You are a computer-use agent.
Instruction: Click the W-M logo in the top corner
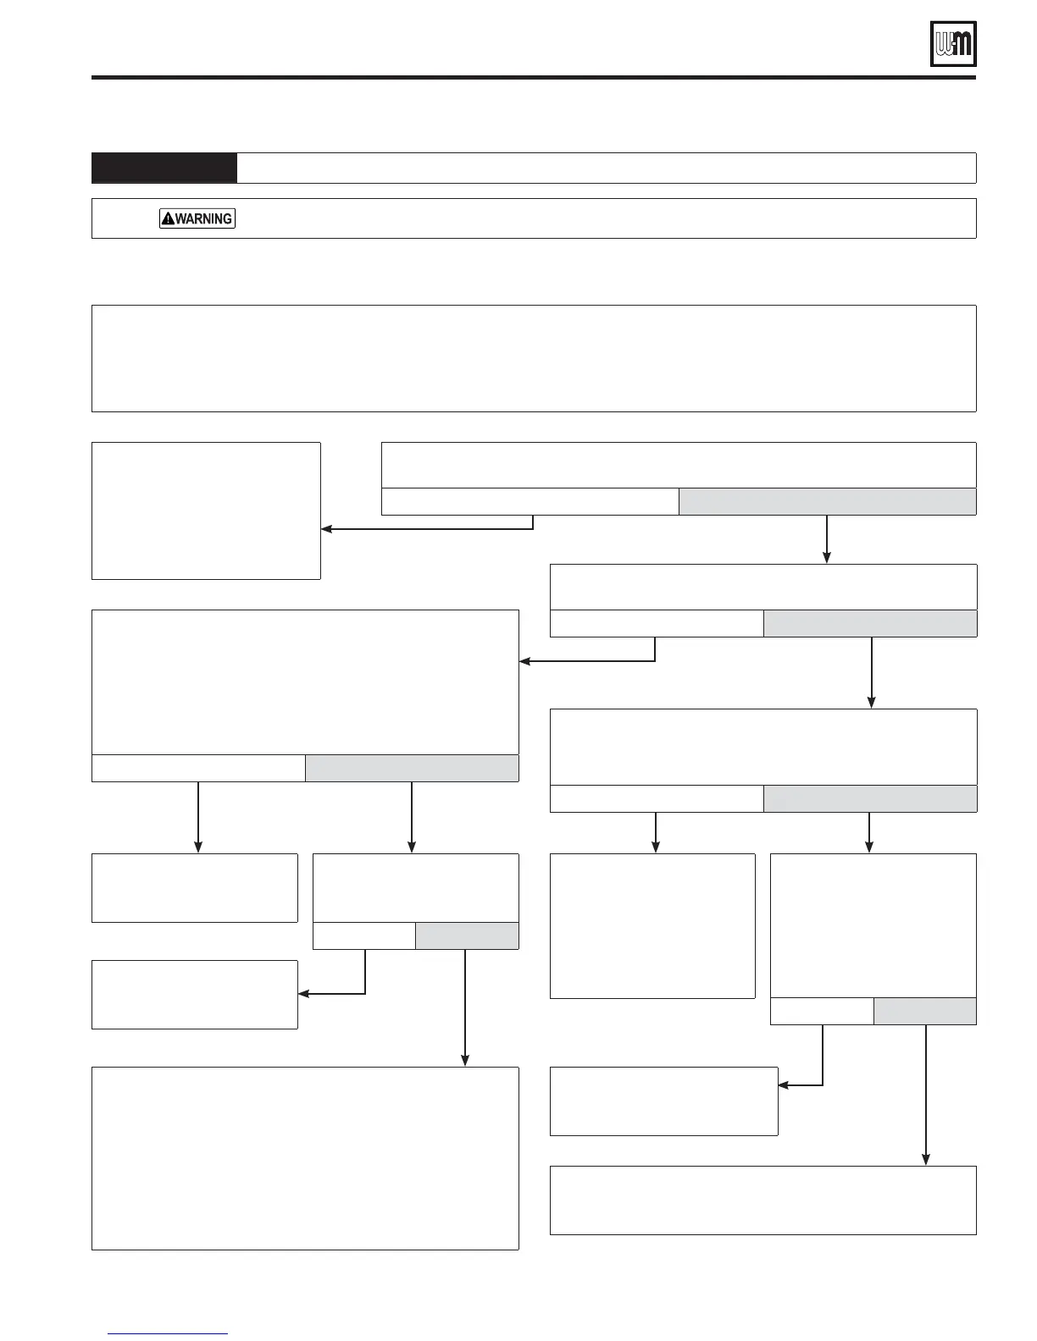pos(953,43)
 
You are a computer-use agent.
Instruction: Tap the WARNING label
pos(197,218)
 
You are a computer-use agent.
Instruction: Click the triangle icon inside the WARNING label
pos(168,218)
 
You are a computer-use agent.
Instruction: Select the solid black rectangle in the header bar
pos(164,168)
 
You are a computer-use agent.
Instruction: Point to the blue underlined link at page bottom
pos(169,1334)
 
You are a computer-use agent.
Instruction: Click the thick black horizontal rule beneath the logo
pos(534,78)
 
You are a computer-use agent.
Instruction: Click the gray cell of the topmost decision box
pos(827,502)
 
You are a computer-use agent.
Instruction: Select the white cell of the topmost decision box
pos(530,502)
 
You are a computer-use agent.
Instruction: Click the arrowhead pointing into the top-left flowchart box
pos(327,529)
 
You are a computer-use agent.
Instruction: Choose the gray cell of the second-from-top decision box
pos(870,624)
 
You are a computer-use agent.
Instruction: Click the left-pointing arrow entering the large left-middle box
pos(526,661)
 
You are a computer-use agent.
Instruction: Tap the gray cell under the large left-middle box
pos(412,768)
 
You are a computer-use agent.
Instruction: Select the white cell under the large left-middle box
pos(198,768)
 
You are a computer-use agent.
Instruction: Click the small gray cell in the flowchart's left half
pos(467,935)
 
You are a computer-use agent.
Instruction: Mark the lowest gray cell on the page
pos(925,1012)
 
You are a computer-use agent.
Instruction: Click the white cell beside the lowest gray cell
pos(822,1012)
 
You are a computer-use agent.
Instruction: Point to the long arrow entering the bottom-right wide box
pos(926,1101)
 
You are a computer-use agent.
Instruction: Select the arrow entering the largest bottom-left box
pos(465,1016)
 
